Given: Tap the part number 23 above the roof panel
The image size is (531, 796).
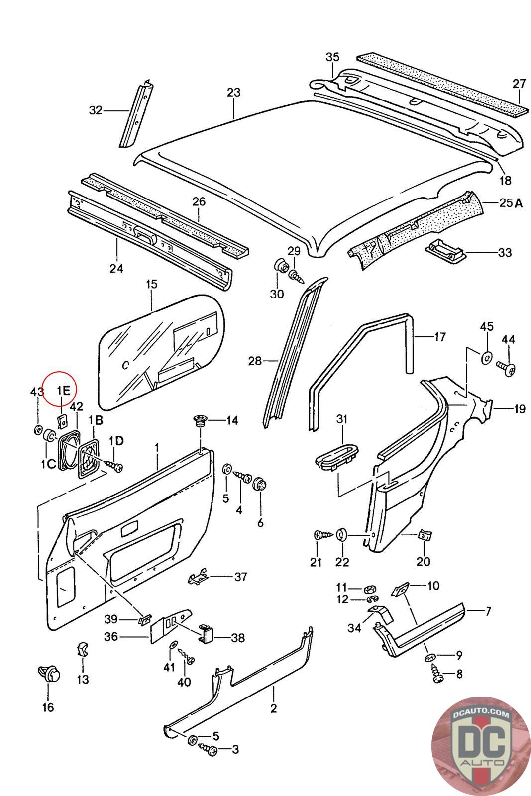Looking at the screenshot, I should (233, 92).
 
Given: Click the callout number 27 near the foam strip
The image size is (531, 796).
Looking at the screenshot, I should (519, 83).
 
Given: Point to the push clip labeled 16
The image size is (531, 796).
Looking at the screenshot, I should (49, 674).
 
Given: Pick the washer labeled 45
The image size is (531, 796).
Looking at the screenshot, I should (486, 357).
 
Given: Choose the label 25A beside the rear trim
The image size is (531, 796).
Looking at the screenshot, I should (511, 202).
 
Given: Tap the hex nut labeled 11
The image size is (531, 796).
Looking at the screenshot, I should (369, 589).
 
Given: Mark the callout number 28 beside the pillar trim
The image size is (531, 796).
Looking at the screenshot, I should (255, 361).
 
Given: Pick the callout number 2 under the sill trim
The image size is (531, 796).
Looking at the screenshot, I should (273, 707).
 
